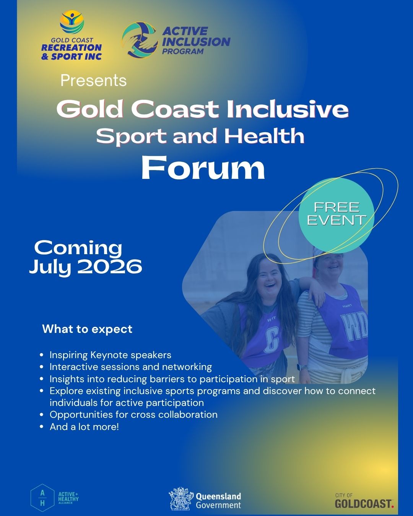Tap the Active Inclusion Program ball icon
click(140, 40)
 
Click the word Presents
click(93, 80)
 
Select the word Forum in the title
click(203, 167)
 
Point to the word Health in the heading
click(264, 136)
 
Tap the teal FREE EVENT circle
click(336, 215)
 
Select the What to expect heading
click(87, 329)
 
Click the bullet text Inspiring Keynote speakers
click(111, 355)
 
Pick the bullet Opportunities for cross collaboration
click(133, 415)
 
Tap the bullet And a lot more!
click(84, 427)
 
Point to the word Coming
click(78, 248)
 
